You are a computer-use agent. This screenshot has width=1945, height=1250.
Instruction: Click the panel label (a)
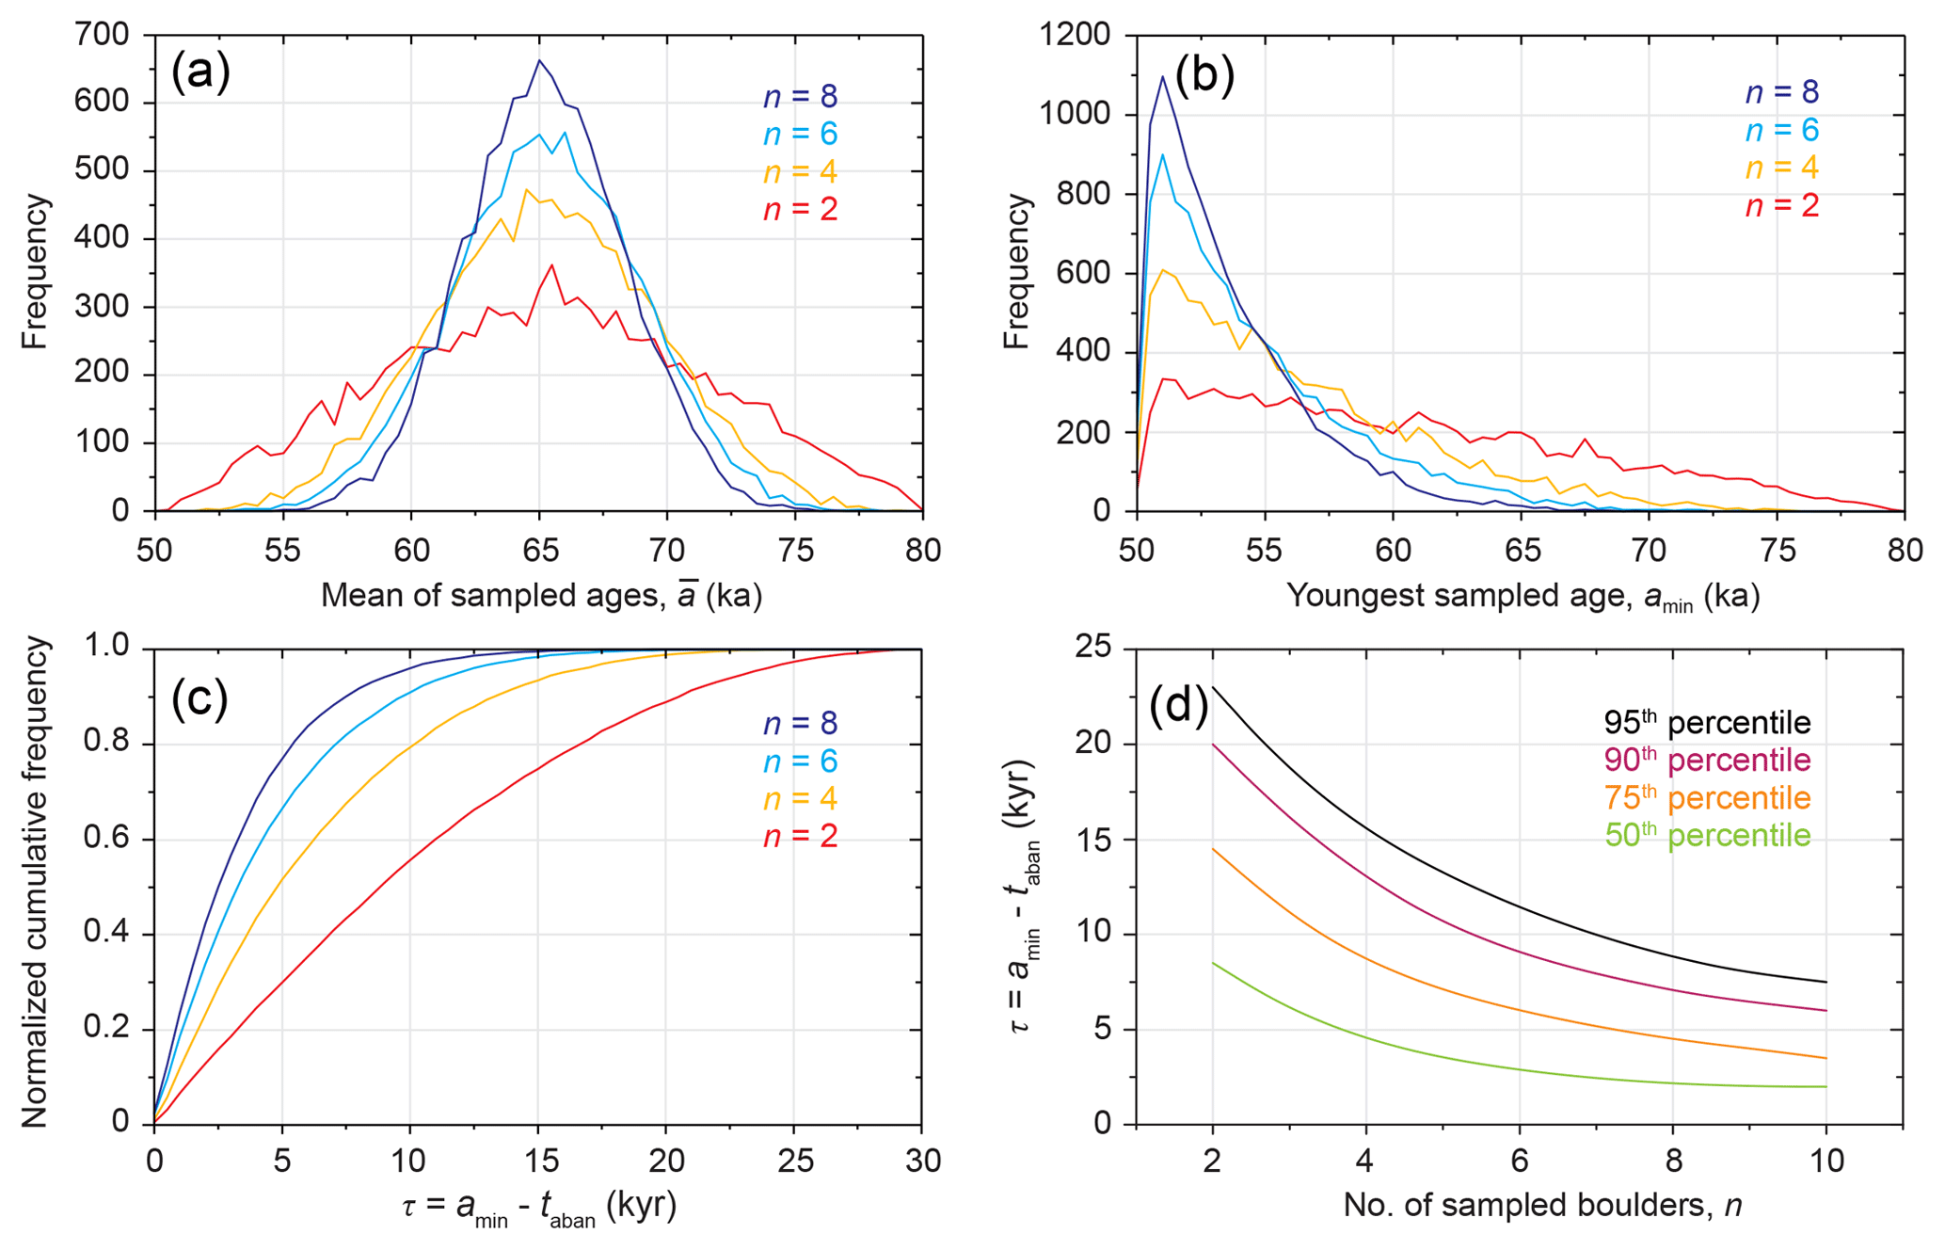(x=200, y=72)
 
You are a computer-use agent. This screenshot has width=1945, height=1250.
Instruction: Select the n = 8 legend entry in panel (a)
(x=800, y=97)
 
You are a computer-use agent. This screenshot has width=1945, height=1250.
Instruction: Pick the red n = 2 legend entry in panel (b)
(x=1781, y=206)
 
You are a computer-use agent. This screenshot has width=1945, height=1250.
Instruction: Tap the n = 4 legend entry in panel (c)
(x=800, y=799)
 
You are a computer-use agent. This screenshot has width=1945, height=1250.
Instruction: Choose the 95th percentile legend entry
(x=1707, y=723)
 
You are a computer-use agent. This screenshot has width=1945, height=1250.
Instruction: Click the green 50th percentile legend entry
(x=1707, y=836)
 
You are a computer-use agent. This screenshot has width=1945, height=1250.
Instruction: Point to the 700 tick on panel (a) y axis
(x=103, y=35)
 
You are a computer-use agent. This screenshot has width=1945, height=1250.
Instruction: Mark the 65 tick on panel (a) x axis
(x=539, y=551)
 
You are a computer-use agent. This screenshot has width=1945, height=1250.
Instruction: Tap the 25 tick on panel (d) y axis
(x=1093, y=649)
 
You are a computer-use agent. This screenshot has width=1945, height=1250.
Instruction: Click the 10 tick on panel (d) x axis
(x=1826, y=1161)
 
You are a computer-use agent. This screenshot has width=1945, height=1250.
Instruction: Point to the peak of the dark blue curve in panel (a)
(x=539, y=60)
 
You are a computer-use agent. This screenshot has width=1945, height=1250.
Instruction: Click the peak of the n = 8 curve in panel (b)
(x=1162, y=76)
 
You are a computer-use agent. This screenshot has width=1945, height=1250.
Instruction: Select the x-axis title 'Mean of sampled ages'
(x=541, y=596)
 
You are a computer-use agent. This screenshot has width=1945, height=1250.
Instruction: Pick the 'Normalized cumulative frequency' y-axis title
(x=35, y=882)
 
